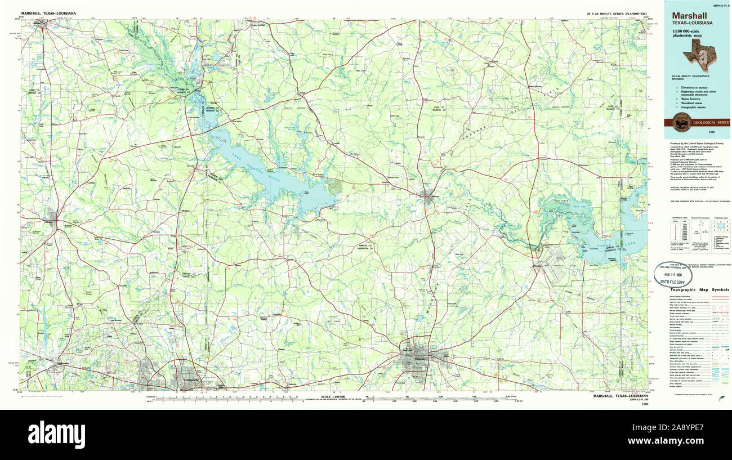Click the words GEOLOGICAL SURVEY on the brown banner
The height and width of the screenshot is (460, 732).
coord(711,122)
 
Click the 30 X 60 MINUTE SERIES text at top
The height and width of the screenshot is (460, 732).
coord(617,12)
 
